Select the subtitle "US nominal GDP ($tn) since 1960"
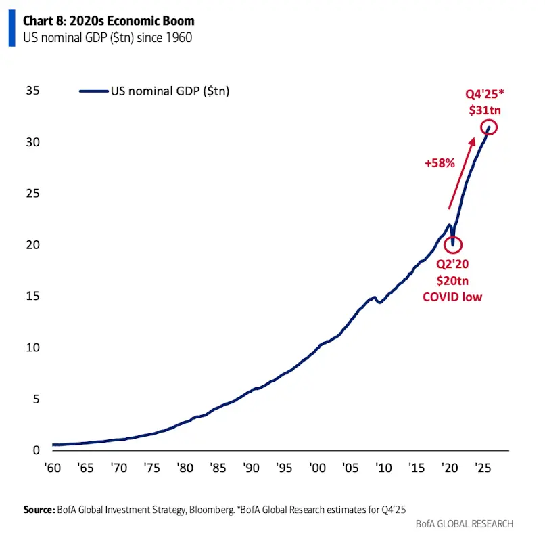[x=108, y=38]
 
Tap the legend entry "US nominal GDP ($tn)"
[x=170, y=91]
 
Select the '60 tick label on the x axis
[x=51, y=468]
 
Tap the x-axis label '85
[x=218, y=468]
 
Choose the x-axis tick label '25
[x=482, y=468]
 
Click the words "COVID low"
[x=452, y=297]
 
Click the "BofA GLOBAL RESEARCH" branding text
[x=466, y=523]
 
